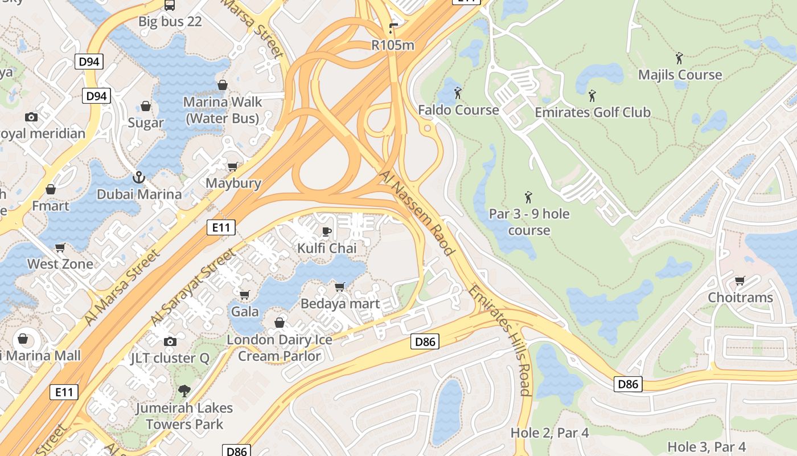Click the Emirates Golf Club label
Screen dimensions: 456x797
(x=592, y=112)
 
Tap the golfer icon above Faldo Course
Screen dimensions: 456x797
(x=458, y=92)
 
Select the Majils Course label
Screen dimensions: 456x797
(x=680, y=75)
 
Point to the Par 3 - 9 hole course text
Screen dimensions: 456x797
(x=529, y=222)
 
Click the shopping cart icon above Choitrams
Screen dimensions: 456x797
(x=740, y=280)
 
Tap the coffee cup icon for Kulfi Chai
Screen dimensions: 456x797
(x=327, y=231)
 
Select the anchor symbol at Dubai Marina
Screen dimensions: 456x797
(x=138, y=177)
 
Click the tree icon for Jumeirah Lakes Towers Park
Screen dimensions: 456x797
(x=184, y=391)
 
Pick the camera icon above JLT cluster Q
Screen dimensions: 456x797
(x=170, y=341)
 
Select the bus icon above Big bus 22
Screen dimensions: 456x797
(x=170, y=5)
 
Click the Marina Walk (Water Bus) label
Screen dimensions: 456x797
(x=223, y=110)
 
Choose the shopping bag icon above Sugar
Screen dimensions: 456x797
(x=146, y=106)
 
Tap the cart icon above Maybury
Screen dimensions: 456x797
(x=232, y=166)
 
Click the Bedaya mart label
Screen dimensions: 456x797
(x=340, y=304)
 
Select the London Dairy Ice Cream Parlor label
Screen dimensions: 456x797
(x=280, y=348)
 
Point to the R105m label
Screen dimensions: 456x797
(x=393, y=45)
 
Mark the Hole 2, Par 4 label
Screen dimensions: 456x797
(x=549, y=433)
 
